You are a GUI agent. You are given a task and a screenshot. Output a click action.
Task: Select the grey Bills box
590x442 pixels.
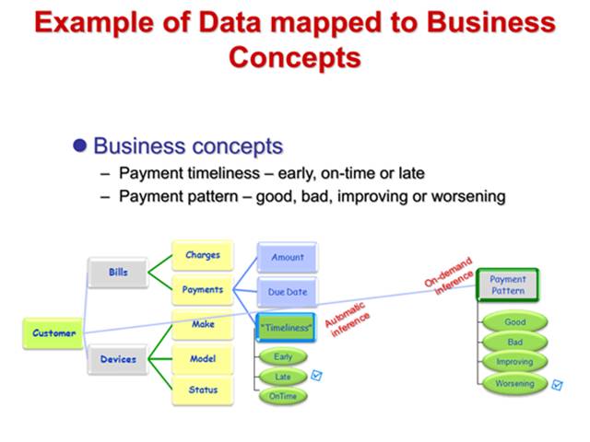(x=118, y=273)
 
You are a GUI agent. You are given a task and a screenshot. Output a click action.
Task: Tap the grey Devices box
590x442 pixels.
(x=118, y=358)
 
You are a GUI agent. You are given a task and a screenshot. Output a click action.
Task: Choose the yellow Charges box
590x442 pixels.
(x=203, y=255)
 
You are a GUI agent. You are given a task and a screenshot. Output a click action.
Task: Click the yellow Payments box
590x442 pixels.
(x=203, y=289)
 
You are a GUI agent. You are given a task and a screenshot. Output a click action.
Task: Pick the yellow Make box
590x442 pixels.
(x=203, y=324)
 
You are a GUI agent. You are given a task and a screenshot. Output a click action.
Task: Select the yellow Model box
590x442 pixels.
(x=203, y=358)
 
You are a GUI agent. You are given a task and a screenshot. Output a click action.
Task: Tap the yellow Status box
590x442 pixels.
(x=203, y=390)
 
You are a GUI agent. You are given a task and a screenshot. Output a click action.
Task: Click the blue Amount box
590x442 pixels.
(x=287, y=258)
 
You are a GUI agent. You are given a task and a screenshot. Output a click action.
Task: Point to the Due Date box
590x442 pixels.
(x=287, y=292)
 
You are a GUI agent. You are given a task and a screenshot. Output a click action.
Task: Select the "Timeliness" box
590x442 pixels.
(x=287, y=327)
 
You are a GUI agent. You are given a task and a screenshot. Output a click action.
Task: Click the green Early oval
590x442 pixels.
(x=283, y=357)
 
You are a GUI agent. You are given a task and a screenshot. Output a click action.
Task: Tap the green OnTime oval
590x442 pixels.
(x=283, y=396)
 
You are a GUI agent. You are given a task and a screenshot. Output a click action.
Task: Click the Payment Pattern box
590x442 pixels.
(x=507, y=285)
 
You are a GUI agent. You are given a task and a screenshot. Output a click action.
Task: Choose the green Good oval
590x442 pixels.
(x=514, y=323)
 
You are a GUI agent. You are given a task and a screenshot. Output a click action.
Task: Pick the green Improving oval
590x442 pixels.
(x=514, y=362)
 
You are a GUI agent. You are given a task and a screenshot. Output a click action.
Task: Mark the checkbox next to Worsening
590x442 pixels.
(x=557, y=384)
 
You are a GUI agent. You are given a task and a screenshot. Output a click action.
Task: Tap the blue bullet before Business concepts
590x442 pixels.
(x=80, y=146)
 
